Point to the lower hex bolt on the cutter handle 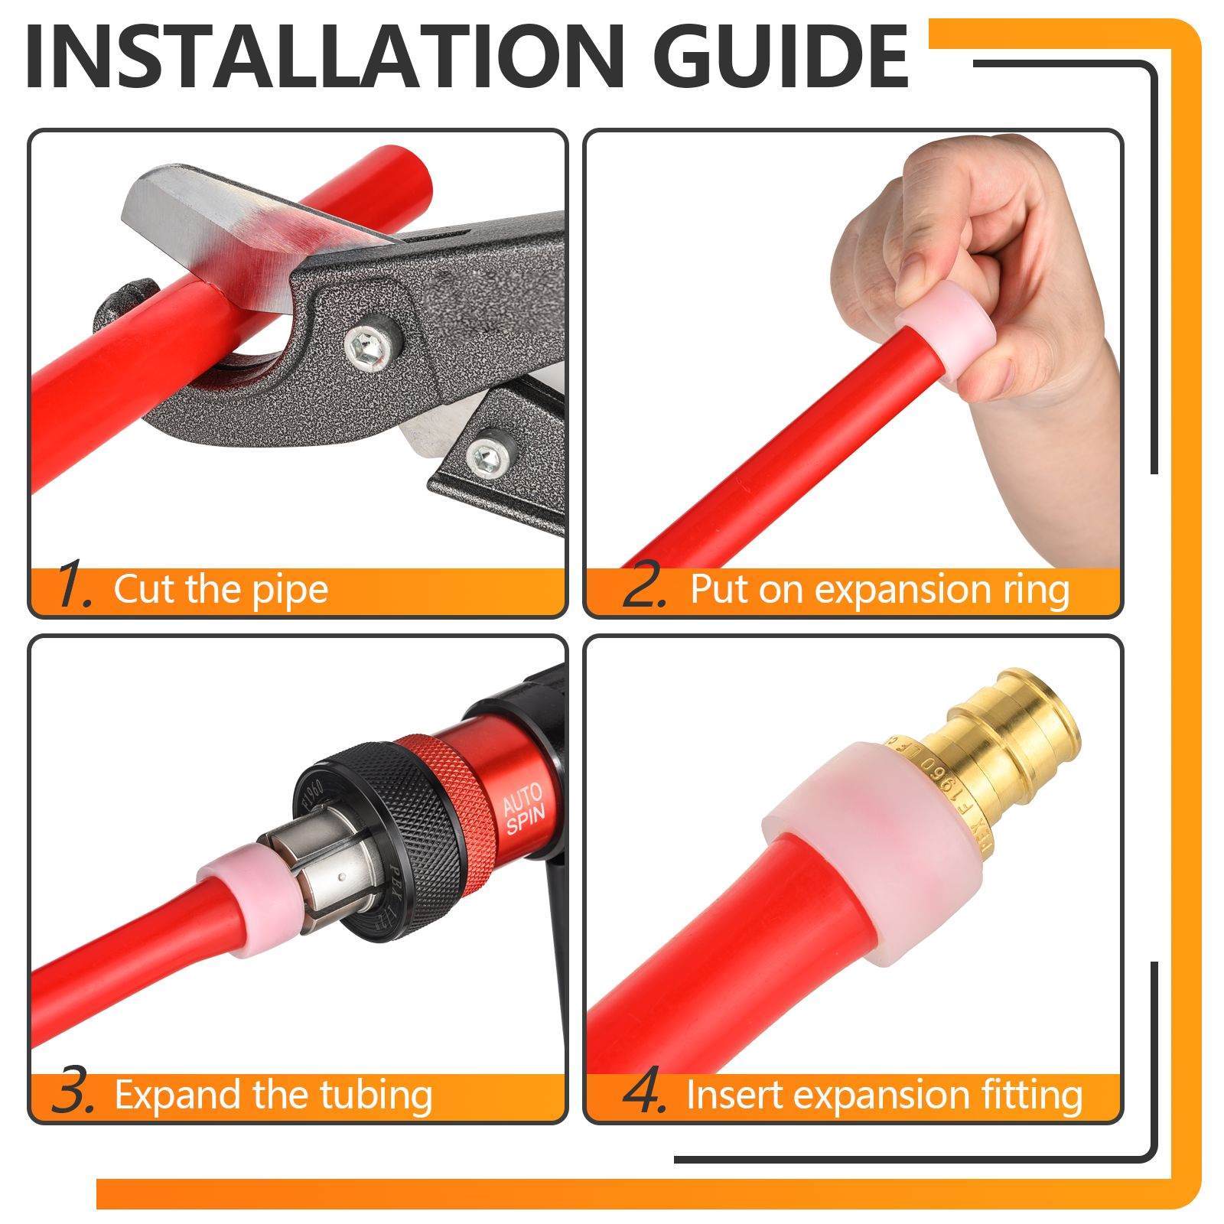[x=487, y=456]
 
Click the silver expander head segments [x=317, y=872]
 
